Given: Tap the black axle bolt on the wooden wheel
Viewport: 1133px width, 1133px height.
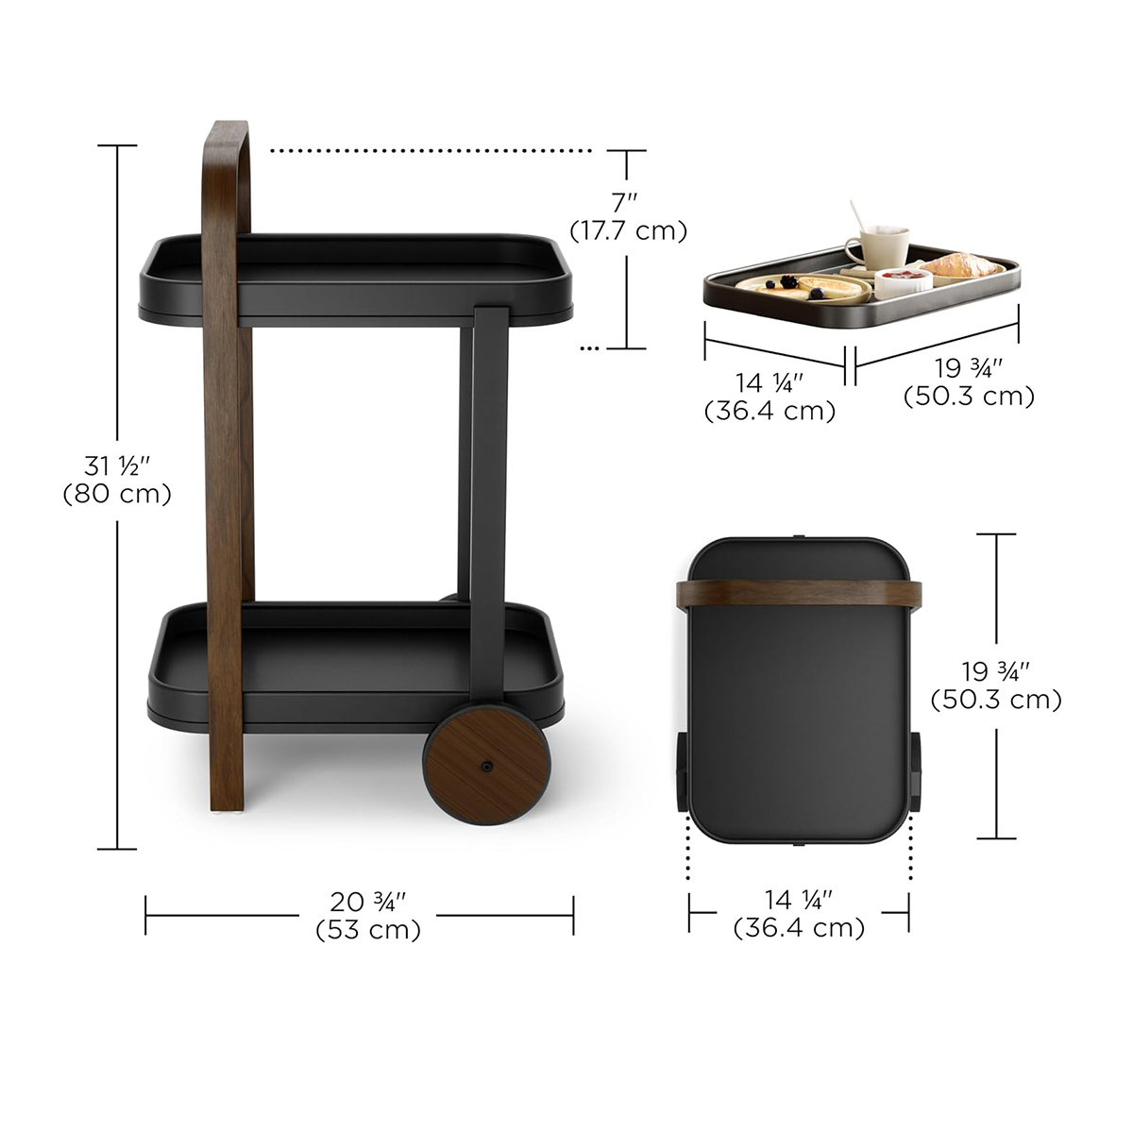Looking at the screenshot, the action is (x=487, y=766).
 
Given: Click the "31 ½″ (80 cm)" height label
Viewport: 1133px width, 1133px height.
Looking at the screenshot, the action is (x=117, y=480).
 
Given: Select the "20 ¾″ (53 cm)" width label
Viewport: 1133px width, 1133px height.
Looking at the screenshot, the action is (x=368, y=915).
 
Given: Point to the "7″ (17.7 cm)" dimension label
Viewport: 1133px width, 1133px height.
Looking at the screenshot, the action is (x=628, y=217).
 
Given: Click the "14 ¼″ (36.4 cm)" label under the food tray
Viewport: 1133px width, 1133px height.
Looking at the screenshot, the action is (x=769, y=397).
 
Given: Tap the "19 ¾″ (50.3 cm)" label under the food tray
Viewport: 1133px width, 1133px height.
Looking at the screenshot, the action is (x=969, y=382).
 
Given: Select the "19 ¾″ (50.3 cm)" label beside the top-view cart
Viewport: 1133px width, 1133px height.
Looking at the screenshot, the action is (x=996, y=685).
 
